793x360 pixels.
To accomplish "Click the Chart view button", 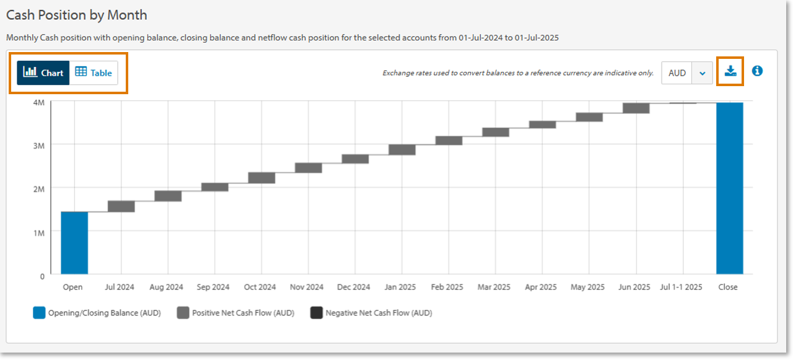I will pyautogui.click(x=43, y=72).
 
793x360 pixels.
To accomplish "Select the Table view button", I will pyautogui.click(x=94, y=72).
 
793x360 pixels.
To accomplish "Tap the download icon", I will pyautogui.click(x=730, y=71).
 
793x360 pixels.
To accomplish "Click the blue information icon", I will pyautogui.click(x=757, y=71).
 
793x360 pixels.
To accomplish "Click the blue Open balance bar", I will pyautogui.click(x=74, y=242).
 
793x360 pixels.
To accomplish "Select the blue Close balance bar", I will pyautogui.click(x=729, y=188).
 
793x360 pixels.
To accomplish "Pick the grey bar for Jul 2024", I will pyautogui.click(x=121, y=206).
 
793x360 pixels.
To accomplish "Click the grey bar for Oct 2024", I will pyautogui.click(x=261, y=178).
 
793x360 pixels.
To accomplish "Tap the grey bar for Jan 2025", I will pyautogui.click(x=402, y=149).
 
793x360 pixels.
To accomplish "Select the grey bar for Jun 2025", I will pyautogui.click(x=636, y=108).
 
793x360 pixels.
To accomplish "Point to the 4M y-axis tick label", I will pyautogui.click(x=38, y=102).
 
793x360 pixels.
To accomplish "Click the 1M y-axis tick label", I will pyautogui.click(x=38, y=232).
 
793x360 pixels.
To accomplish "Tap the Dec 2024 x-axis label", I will pyautogui.click(x=354, y=287).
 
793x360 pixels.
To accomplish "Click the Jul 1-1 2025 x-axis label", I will pyautogui.click(x=681, y=287).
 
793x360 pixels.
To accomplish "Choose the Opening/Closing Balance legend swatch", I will pyautogui.click(x=39, y=313).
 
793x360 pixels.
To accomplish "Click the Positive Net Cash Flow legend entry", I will pyautogui.click(x=235, y=313).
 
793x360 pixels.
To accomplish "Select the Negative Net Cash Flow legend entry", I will pyautogui.click(x=371, y=313).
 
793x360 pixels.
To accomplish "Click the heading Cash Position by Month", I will pyautogui.click(x=77, y=15).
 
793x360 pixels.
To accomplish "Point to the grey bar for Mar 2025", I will pyautogui.click(x=496, y=132).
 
